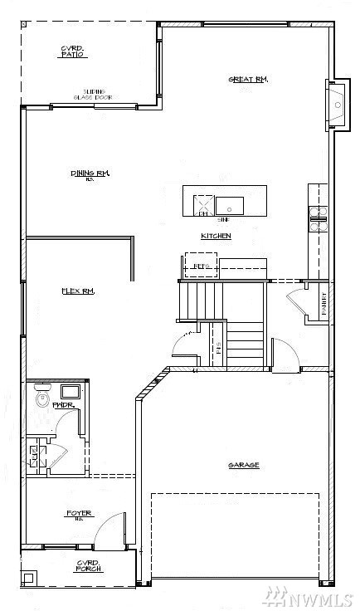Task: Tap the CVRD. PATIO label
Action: [71, 52]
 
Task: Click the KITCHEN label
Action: [216, 237]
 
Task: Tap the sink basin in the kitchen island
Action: [230, 203]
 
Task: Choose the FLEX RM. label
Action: [77, 291]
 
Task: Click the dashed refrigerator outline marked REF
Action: [200, 266]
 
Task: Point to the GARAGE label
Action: [243, 465]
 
